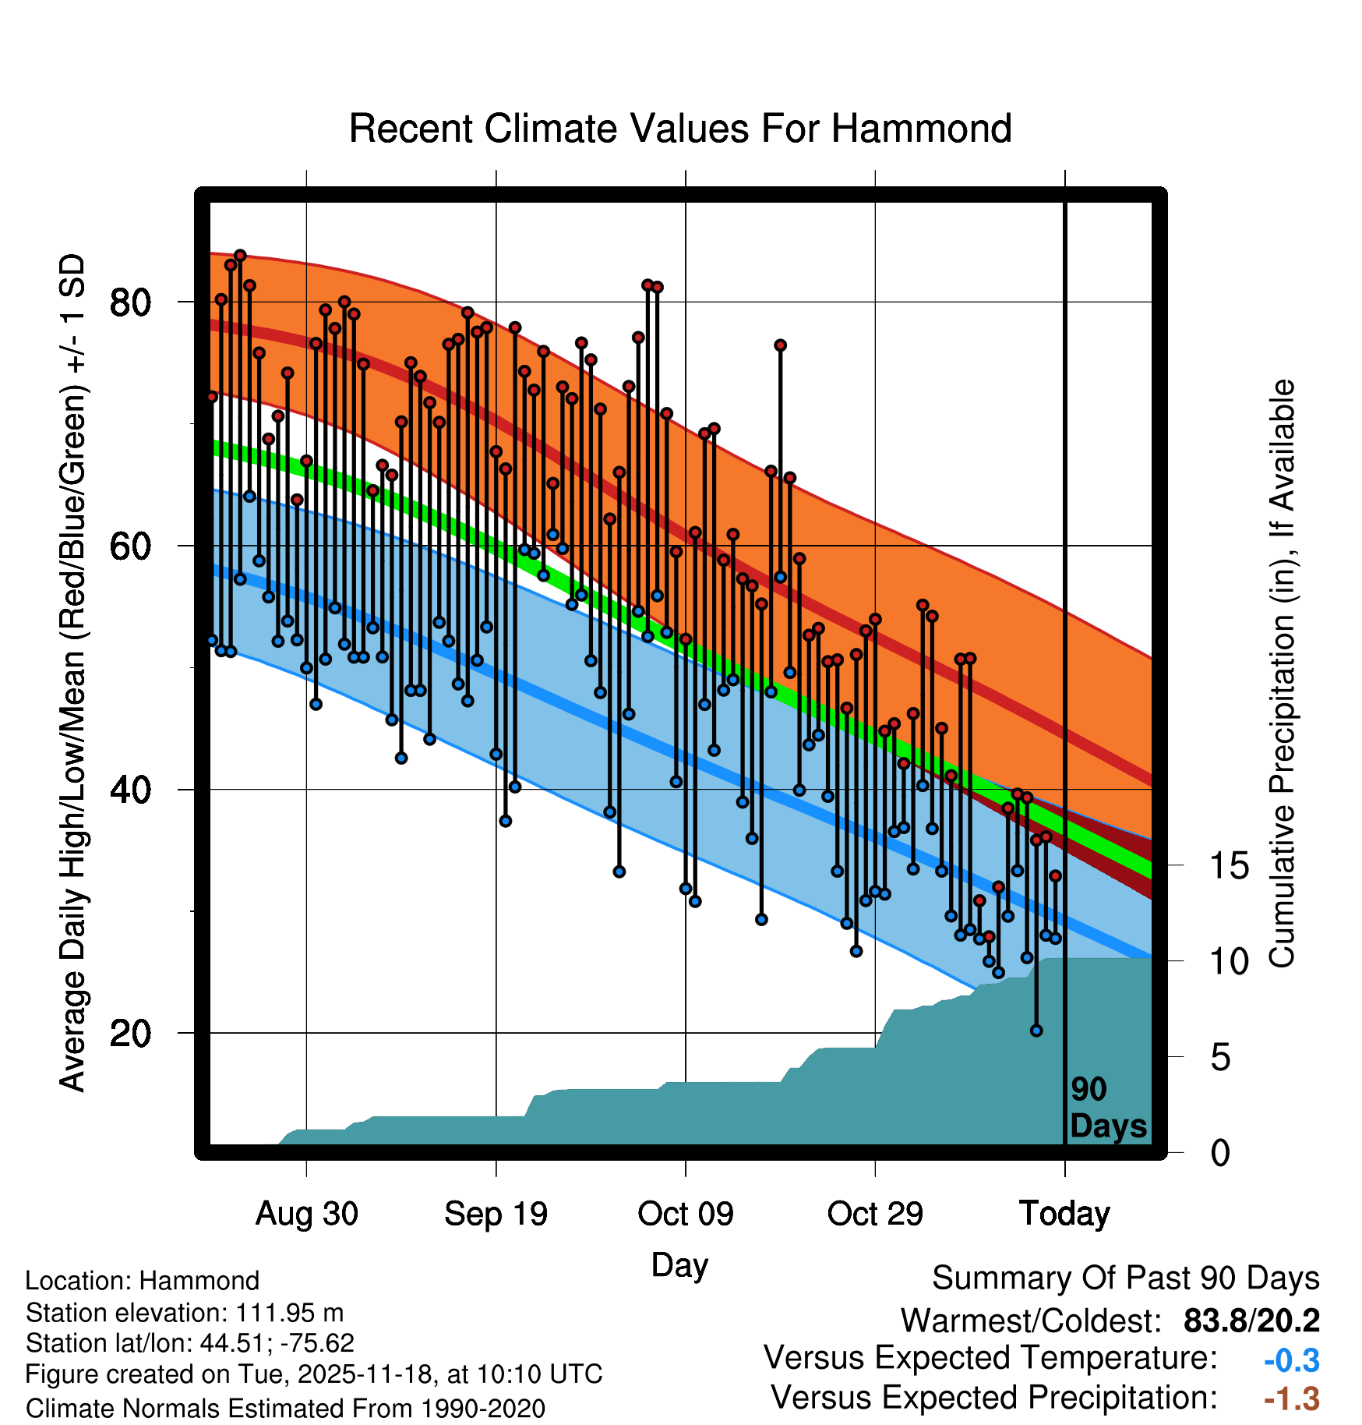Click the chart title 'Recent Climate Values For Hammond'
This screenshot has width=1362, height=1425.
(x=679, y=129)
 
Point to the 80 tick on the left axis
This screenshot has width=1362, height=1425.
(x=130, y=302)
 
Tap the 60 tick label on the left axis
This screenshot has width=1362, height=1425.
(x=130, y=546)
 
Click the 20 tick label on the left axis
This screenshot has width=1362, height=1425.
(x=130, y=1034)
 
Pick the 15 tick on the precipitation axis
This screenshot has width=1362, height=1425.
(x=1229, y=866)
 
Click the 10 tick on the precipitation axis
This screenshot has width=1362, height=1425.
(x=1229, y=962)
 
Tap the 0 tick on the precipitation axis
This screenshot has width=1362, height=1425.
(x=1220, y=1153)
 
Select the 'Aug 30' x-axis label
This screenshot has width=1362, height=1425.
(x=307, y=1214)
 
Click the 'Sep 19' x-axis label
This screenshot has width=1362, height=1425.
(x=496, y=1214)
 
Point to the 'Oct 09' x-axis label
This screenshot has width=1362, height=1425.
(x=686, y=1214)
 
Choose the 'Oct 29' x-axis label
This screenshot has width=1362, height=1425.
(x=875, y=1214)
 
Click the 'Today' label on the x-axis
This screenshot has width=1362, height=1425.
(x=1064, y=1214)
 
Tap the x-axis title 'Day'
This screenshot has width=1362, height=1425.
(x=679, y=1265)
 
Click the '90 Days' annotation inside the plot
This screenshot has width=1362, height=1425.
(x=1107, y=1109)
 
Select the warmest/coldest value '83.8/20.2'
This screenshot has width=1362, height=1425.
(x=1251, y=1321)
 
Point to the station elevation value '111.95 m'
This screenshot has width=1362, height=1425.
(x=289, y=1313)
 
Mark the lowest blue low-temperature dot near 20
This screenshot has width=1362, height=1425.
(x=1036, y=1031)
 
